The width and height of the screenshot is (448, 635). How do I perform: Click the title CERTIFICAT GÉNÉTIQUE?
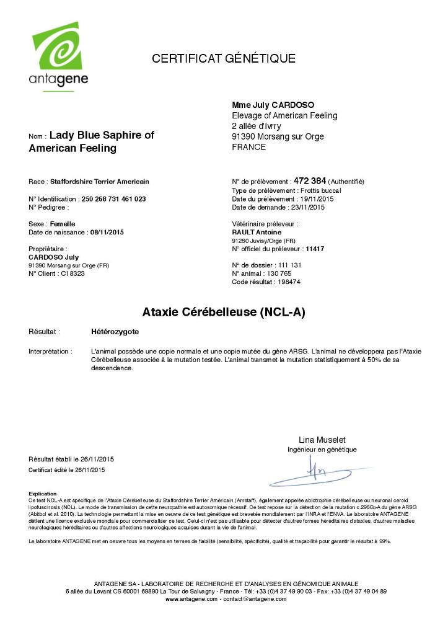(x=224, y=59)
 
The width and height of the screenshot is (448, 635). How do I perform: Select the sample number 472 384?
(x=309, y=181)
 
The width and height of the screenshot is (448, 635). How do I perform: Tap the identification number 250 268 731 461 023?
(x=113, y=199)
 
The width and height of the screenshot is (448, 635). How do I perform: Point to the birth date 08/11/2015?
(x=107, y=232)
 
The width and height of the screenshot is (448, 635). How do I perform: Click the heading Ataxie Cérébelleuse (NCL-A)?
(x=224, y=311)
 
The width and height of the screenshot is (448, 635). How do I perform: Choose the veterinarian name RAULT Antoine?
(x=257, y=232)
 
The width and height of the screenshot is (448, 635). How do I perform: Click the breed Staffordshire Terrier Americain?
(x=99, y=182)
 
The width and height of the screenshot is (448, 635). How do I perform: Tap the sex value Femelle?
(x=63, y=223)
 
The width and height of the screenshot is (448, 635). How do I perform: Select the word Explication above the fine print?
(x=42, y=493)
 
